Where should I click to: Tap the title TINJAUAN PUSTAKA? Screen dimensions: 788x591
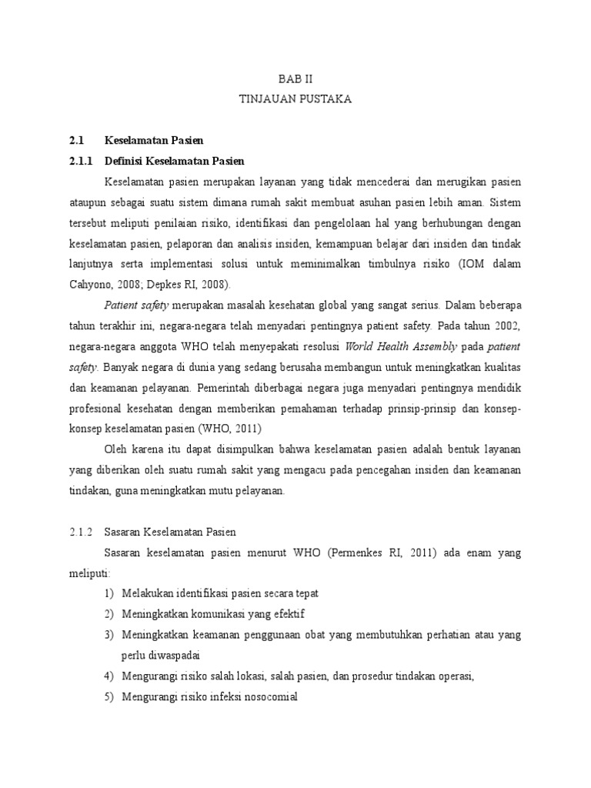tap(296, 99)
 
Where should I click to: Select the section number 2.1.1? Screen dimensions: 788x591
tap(79, 161)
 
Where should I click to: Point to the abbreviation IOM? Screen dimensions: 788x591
tap(469, 264)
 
